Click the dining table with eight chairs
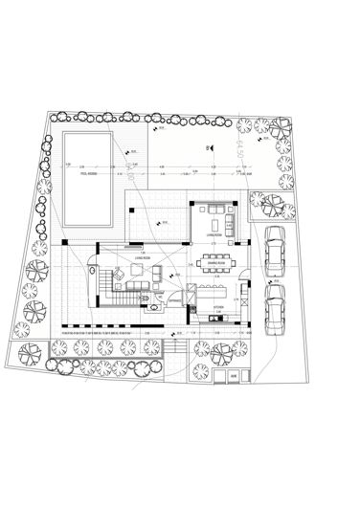(214, 261)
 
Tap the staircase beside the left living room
(104, 285)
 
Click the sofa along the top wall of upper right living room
(214, 207)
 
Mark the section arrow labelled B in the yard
(208, 147)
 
